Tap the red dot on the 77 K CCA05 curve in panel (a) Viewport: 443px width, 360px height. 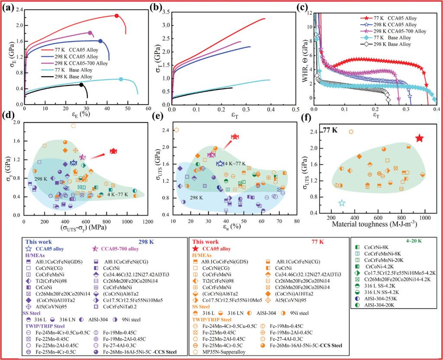pos(116,16)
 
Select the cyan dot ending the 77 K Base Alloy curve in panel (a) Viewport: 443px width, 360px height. pos(121,79)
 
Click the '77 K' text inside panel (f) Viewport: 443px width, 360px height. pos(331,129)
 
